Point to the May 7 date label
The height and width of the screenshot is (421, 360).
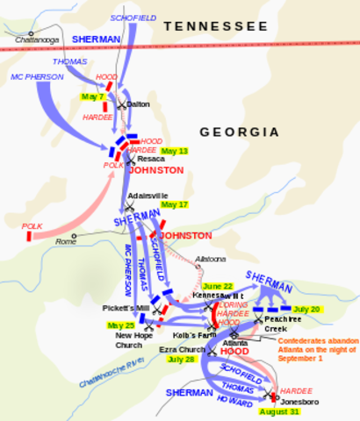92,96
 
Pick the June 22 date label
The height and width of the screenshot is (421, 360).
218,286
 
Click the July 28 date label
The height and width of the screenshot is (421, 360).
181,360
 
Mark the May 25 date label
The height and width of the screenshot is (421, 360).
120,325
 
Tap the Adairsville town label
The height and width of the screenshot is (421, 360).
143,196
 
